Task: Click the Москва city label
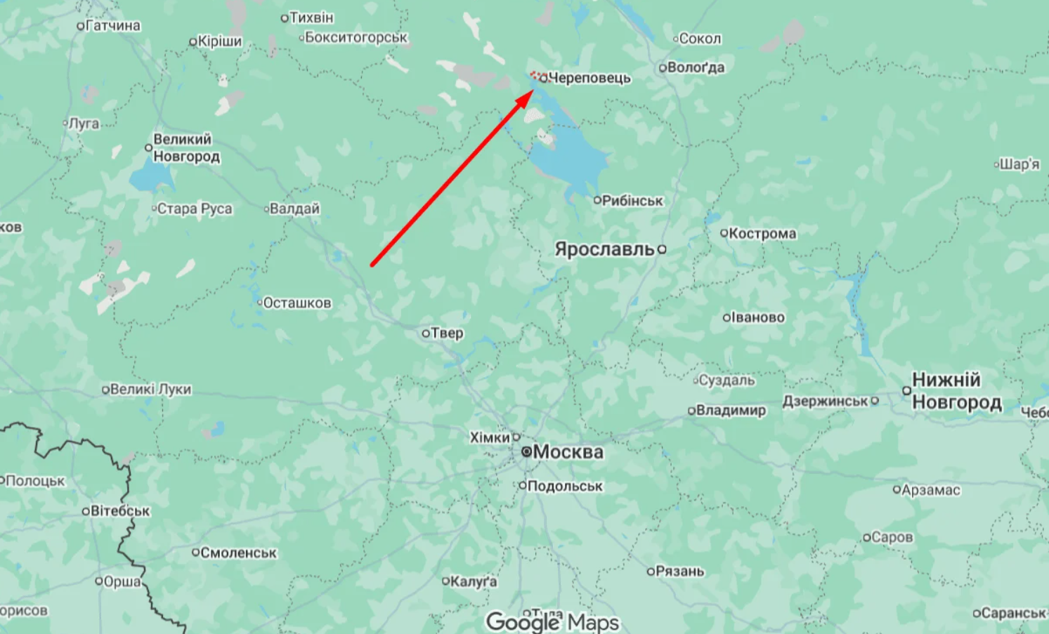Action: [568, 452]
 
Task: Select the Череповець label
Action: [589, 78]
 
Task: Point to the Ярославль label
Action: [604, 249]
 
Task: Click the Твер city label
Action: [447, 333]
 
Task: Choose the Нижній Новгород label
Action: [956, 391]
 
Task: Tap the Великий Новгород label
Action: [186, 147]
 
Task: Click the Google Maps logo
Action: [553, 621]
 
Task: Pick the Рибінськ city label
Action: [632, 201]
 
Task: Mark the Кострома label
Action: [762, 233]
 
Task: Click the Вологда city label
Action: [696, 68]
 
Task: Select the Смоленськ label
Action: [238, 553]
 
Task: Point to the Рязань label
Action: [679, 572]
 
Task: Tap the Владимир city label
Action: [731, 410]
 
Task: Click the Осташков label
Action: [297, 303]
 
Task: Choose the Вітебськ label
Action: [120, 511]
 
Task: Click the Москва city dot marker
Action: [526, 452]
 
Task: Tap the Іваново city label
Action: [758, 317]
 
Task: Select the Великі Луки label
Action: [150, 389]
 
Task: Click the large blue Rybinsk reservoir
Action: [569, 161]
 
